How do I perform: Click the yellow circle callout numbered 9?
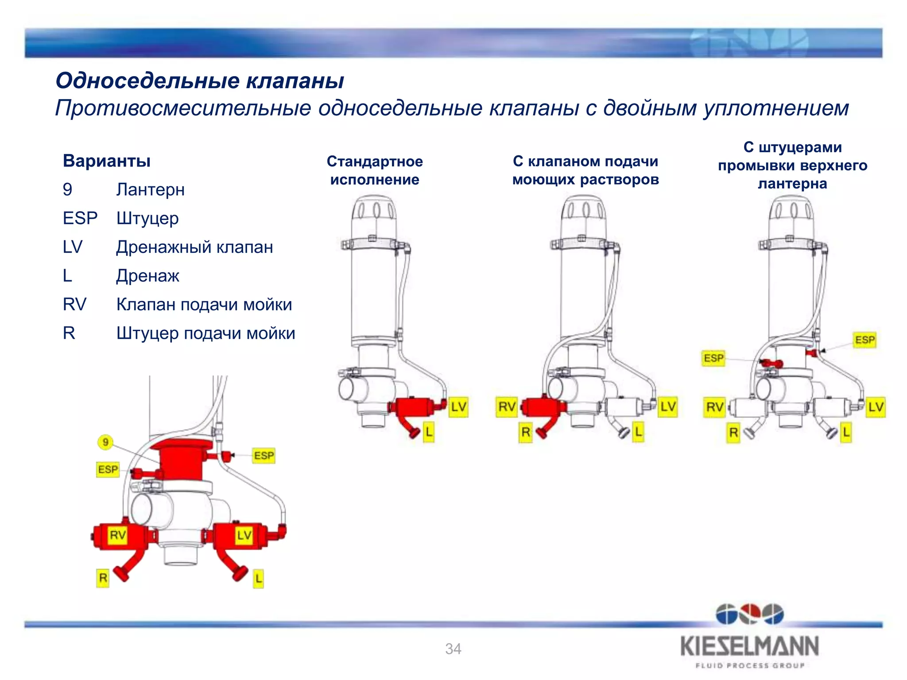point(105,442)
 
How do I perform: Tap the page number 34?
point(453,649)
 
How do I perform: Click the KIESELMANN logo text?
point(749,646)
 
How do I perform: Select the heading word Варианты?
point(107,161)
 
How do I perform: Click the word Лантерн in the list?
point(150,189)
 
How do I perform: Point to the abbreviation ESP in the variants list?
point(80,218)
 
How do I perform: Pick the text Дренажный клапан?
point(194,247)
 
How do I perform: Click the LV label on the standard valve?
point(458,406)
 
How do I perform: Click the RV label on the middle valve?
point(507,406)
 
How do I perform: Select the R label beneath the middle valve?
point(525,432)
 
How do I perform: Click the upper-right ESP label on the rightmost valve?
point(864,340)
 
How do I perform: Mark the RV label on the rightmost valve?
point(714,406)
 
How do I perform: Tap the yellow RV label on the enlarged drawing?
point(118,535)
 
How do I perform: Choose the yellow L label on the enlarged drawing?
point(258,578)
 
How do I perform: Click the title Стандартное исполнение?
point(375,170)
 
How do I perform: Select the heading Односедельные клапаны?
point(200,81)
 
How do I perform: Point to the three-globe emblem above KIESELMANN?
point(749,614)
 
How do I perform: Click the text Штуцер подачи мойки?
point(205,333)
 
